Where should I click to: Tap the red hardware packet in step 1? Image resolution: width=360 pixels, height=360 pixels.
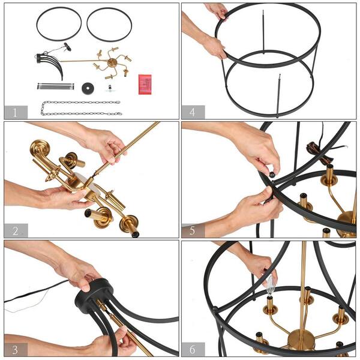pos(144,84)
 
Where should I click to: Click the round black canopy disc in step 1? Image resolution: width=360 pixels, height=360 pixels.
pos(88,88)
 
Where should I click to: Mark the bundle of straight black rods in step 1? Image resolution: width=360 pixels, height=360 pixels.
pos(55,86)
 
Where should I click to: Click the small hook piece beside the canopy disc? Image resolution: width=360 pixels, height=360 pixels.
pos(109,88)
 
